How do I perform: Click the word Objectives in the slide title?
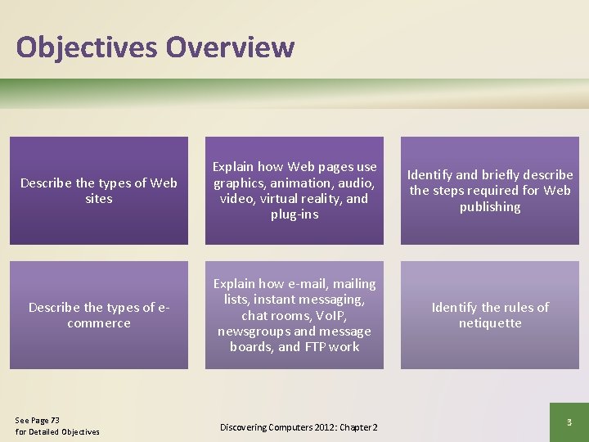click(x=87, y=47)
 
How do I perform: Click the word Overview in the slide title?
click(x=230, y=47)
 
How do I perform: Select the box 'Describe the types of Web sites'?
click(x=99, y=191)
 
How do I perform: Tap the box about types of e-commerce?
click(x=99, y=315)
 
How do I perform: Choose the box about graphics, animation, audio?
click(x=294, y=191)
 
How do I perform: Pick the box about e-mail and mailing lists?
click(x=294, y=315)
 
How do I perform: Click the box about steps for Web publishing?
click(x=490, y=191)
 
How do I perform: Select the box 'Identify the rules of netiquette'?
click(x=490, y=315)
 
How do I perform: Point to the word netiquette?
click(x=490, y=323)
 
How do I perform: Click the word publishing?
click(x=490, y=207)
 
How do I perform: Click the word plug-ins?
click(x=294, y=214)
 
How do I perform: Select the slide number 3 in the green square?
click(x=569, y=422)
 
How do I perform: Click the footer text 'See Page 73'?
click(x=38, y=420)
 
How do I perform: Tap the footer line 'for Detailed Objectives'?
click(x=57, y=431)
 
